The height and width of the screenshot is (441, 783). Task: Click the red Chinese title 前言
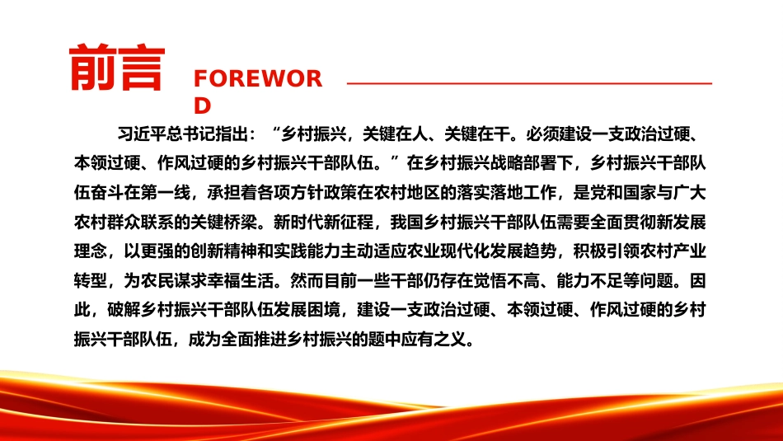click(x=117, y=67)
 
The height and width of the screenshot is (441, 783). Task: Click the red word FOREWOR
click(x=258, y=79)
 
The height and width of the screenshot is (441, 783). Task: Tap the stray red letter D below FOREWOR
click(x=202, y=106)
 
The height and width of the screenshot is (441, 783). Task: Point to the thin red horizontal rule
click(x=529, y=83)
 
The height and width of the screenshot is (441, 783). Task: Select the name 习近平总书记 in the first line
click(x=166, y=134)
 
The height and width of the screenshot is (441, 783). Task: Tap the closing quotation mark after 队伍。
click(x=395, y=160)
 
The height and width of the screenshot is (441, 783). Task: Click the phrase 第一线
click(x=166, y=192)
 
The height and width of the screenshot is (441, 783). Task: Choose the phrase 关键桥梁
click(x=223, y=222)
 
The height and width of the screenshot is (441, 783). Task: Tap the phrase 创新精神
click(x=223, y=251)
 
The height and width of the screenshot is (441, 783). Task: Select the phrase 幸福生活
click(x=240, y=281)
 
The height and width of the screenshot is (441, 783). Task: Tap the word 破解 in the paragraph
click(x=124, y=310)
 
